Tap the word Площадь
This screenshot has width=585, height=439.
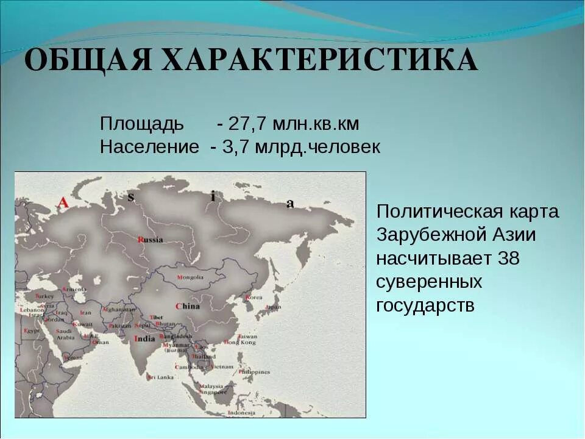141,124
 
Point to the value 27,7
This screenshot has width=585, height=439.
248,124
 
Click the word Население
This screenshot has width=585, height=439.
149,147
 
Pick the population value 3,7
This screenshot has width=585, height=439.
238,147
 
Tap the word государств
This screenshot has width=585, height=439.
425,305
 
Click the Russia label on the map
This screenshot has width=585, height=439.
151,240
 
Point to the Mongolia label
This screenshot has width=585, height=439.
190,277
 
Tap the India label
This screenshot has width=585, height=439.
144,339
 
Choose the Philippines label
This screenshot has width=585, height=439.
254,371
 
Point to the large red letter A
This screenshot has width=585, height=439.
63,203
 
